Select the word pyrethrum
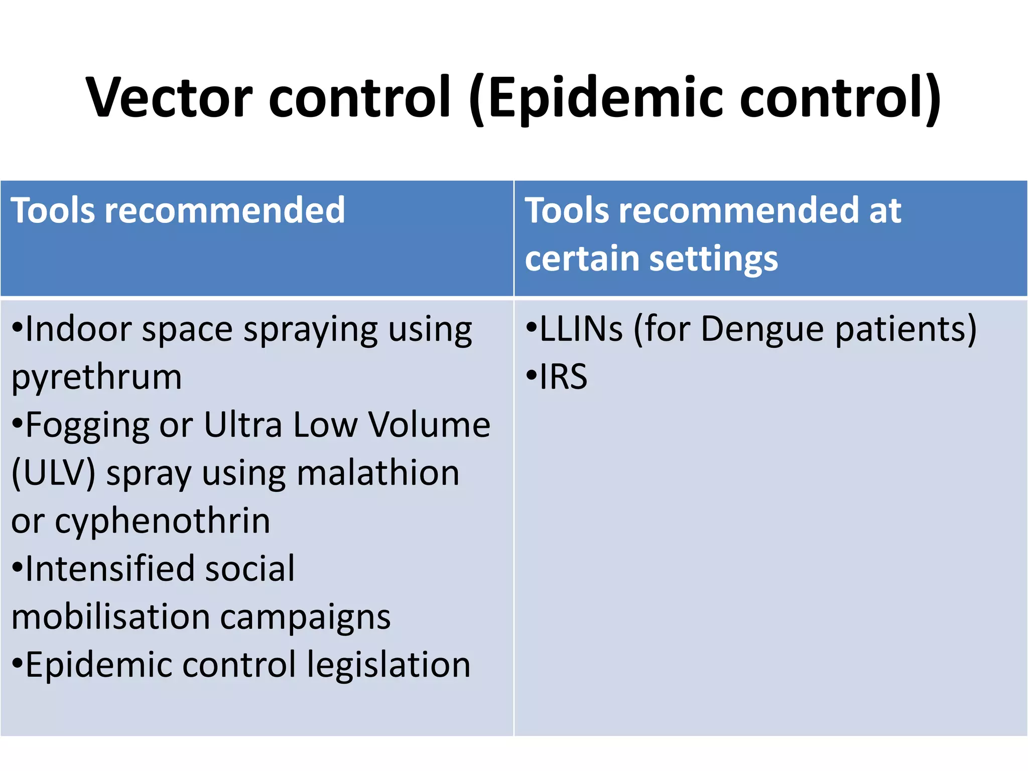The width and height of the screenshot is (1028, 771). point(96,377)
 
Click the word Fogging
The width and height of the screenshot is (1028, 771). point(87,426)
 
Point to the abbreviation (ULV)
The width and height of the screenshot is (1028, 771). point(53,473)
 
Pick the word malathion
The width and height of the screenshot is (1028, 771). point(378,473)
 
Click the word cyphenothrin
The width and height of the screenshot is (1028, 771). point(163,521)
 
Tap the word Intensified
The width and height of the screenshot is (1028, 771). point(107,569)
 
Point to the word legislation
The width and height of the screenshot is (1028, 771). point(389,665)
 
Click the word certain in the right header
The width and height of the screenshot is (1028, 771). point(582,259)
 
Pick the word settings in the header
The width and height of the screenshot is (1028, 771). point(713,260)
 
